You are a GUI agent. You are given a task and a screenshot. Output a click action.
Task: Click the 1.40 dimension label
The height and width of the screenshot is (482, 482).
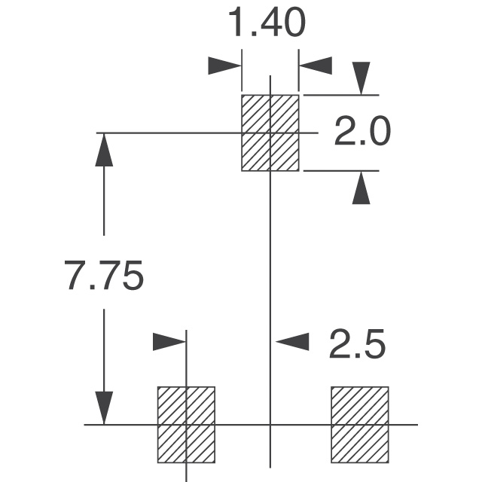(x=267, y=23)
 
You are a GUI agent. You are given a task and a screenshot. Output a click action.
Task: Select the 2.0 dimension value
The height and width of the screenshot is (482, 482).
(x=362, y=131)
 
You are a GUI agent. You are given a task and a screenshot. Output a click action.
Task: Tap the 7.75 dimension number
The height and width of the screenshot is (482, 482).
(x=104, y=275)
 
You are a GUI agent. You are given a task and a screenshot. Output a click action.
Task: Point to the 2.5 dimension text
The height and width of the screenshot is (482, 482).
(x=357, y=343)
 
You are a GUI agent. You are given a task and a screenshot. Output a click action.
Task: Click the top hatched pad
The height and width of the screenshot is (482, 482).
(x=270, y=133)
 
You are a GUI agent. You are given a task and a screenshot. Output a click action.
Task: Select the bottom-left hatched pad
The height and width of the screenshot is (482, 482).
(x=186, y=425)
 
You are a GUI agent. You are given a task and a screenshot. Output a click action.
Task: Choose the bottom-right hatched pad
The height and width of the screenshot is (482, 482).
(x=360, y=425)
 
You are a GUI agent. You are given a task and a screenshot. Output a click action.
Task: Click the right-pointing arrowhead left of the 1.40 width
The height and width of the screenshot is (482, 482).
(x=224, y=66)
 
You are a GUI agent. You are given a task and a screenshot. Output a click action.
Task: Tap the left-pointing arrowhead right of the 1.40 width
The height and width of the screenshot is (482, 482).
(x=316, y=66)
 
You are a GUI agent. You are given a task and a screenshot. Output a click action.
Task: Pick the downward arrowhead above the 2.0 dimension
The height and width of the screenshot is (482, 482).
(x=361, y=78)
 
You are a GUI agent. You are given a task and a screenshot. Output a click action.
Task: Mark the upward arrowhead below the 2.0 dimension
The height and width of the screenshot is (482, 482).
(x=361, y=188)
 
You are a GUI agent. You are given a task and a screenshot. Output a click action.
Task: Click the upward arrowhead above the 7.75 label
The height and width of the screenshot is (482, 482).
(x=104, y=150)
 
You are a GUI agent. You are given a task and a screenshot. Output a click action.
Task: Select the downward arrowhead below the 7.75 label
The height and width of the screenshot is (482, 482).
(x=104, y=408)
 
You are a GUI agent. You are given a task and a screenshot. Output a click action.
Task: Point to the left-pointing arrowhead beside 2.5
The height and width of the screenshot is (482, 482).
(x=292, y=341)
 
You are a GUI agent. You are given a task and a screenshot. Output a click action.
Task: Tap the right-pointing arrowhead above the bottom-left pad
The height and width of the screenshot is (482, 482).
(x=169, y=341)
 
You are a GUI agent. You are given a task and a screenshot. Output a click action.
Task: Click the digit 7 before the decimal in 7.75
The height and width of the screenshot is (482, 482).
(x=74, y=275)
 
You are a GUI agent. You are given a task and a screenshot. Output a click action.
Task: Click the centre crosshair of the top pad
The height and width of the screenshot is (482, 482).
(x=270, y=133)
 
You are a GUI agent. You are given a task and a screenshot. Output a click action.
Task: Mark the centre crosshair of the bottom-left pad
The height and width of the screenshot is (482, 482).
(x=186, y=425)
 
